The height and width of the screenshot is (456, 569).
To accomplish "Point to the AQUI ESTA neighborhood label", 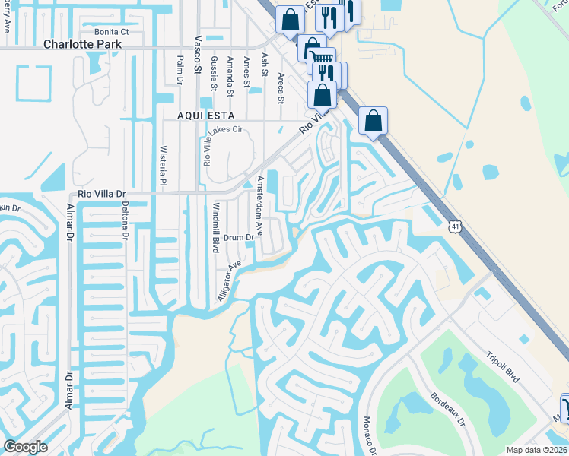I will point(205,114).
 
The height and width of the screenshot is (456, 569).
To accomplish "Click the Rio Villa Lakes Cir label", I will point(206,147).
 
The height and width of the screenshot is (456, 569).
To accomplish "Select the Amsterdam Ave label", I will point(260,205).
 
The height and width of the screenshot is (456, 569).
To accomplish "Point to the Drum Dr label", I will point(238,238).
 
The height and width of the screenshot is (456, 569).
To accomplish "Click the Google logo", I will point(25,447).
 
